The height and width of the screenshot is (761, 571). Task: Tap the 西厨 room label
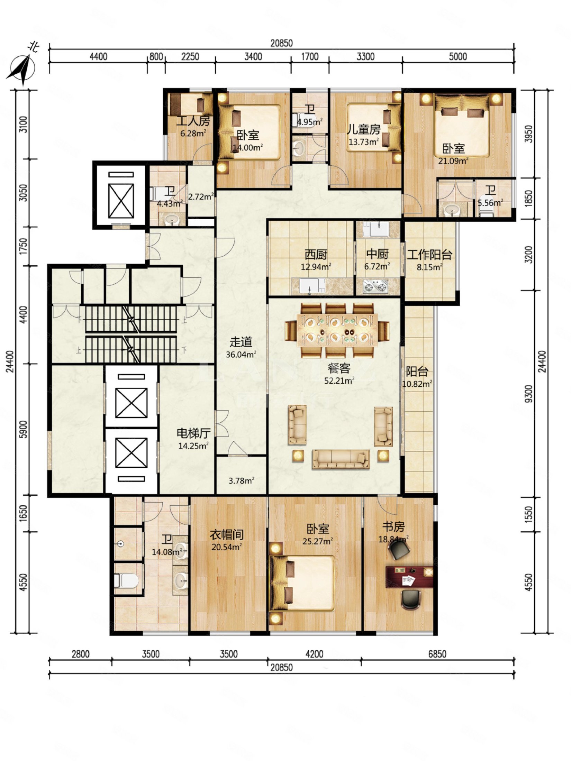point(316,255)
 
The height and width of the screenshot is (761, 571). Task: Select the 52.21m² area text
point(339,381)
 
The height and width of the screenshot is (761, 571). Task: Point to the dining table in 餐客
point(337,331)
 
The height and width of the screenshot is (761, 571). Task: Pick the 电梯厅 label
point(193,433)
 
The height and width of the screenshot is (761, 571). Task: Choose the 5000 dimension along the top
point(458,56)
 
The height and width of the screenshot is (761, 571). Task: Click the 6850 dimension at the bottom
point(437,654)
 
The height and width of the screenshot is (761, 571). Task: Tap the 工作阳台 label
point(429,255)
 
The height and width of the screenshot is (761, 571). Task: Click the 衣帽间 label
point(227,535)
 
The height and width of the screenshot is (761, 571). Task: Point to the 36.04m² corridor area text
point(241,354)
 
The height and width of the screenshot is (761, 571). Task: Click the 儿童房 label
point(364,129)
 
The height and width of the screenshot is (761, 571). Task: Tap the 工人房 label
point(193,121)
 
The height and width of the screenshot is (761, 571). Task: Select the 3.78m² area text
point(242,480)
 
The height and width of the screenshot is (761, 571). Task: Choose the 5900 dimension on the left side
point(23,429)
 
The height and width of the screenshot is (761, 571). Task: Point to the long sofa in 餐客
point(341,459)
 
